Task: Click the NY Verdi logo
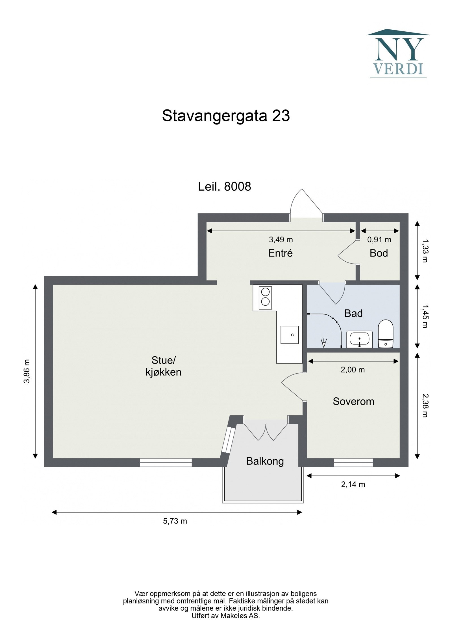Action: click(x=398, y=54)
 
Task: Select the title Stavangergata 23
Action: click(x=226, y=116)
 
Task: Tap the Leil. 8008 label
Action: click(x=224, y=187)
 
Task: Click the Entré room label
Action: click(x=280, y=253)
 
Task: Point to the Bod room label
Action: click(x=378, y=253)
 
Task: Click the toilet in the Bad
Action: click(x=385, y=334)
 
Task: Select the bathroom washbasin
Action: click(x=359, y=339)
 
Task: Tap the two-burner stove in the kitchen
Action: click(x=265, y=298)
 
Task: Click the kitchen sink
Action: click(x=290, y=335)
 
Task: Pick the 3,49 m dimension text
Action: click(x=281, y=240)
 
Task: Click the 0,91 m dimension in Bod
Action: click(x=379, y=240)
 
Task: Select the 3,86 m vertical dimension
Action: click(x=27, y=371)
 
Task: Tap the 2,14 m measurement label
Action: click(x=353, y=484)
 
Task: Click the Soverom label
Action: click(x=353, y=402)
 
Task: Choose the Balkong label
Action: click(x=265, y=461)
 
